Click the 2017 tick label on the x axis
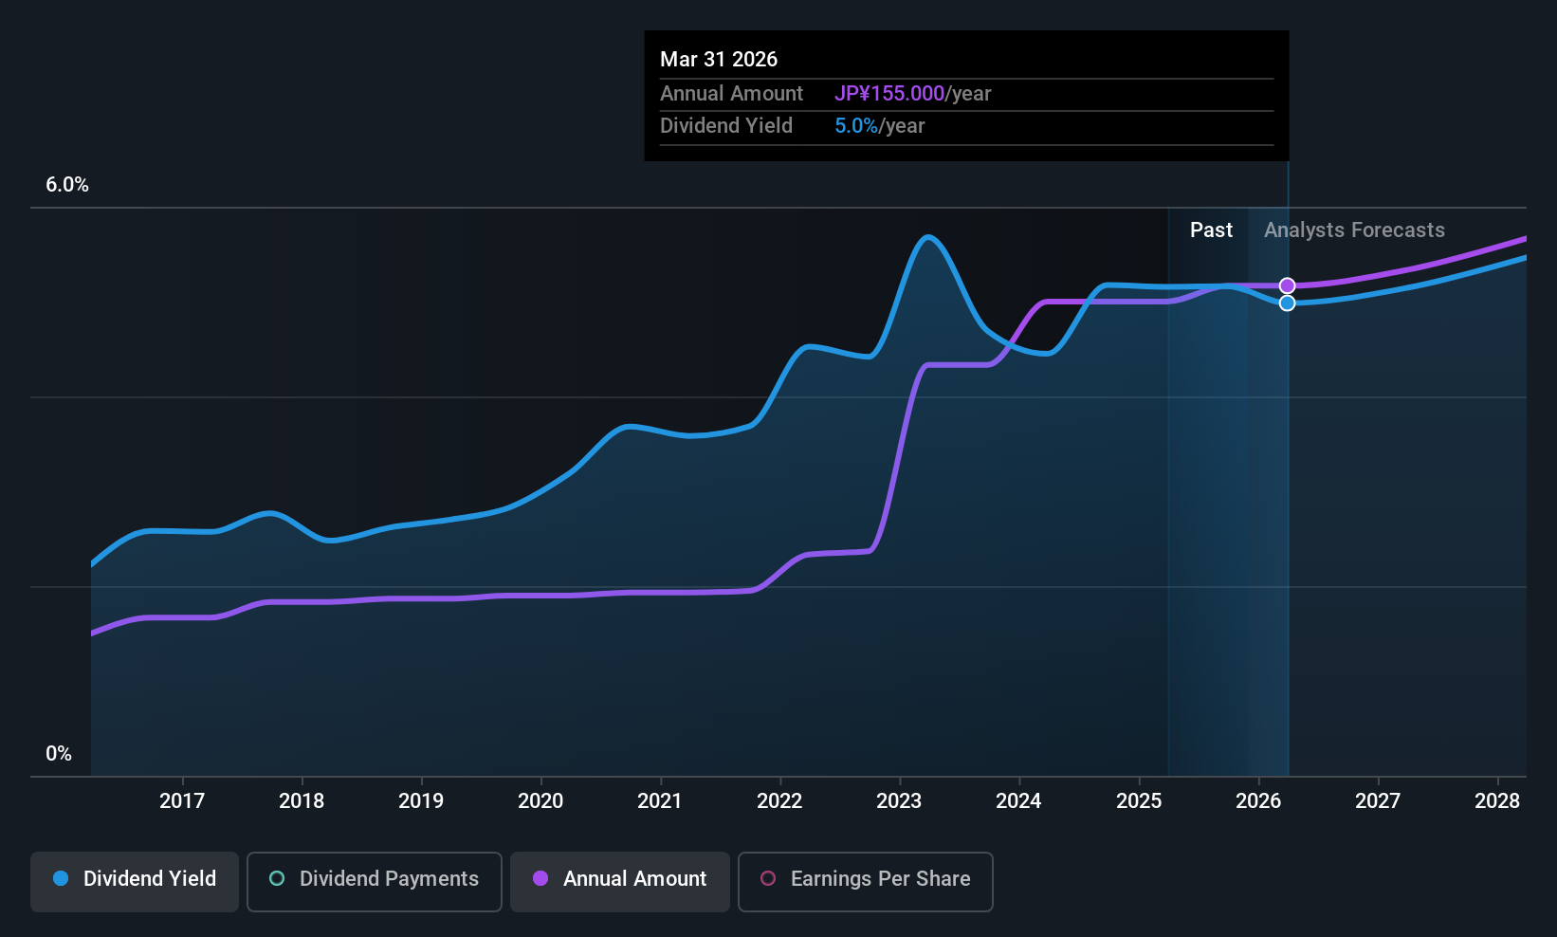pyautogui.click(x=182, y=801)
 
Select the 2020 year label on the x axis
pyautogui.click(x=540, y=801)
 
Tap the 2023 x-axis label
pyautogui.click(x=899, y=801)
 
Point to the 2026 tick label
pyautogui.click(x=1258, y=801)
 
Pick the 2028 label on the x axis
pyautogui.click(x=1497, y=801)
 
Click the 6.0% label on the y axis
pyautogui.click(x=67, y=185)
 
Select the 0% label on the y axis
pyautogui.click(x=59, y=754)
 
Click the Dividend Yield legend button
pyautogui.click(x=135, y=879)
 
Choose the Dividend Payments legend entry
pyautogui.click(x=375, y=879)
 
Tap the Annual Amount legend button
pyautogui.click(x=620, y=879)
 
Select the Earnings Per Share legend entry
pyautogui.click(x=866, y=879)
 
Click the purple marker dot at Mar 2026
pyautogui.click(x=1287, y=285)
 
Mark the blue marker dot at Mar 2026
pyautogui.click(x=1287, y=303)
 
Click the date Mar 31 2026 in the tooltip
pyautogui.click(x=719, y=60)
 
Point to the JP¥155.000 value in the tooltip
pyautogui.click(x=889, y=94)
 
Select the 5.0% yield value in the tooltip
pyautogui.click(x=856, y=126)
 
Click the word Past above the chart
pyautogui.click(x=1211, y=230)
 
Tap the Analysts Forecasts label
pyautogui.click(x=1354, y=230)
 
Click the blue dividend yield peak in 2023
pyautogui.click(x=928, y=237)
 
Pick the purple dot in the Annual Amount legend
pyautogui.click(x=540, y=879)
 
